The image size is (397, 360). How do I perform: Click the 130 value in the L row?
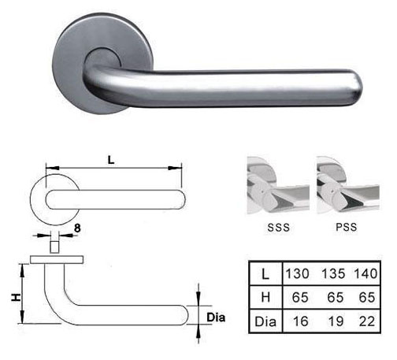click(x=297, y=273)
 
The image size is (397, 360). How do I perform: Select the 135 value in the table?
click(x=333, y=273)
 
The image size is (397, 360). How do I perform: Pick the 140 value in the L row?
click(x=365, y=273)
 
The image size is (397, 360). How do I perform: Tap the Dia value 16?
click(x=301, y=321)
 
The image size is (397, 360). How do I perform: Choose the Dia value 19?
click(x=336, y=321)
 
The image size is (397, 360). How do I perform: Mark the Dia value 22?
click(x=367, y=321)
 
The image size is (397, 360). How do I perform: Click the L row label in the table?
click(x=265, y=274)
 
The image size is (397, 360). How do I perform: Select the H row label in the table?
click(x=265, y=297)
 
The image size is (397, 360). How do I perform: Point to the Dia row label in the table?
click(x=265, y=321)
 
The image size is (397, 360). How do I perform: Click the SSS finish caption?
click(x=278, y=228)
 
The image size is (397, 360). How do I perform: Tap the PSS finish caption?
click(x=347, y=227)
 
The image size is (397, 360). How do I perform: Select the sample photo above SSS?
click(x=278, y=185)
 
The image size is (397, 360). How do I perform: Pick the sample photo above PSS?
click(x=348, y=184)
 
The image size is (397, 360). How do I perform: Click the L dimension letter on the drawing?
click(x=111, y=160)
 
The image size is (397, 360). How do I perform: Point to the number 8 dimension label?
click(x=77, y=228)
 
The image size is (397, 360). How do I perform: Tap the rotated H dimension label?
click(x=16, y=297)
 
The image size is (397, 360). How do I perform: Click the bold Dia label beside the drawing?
click(x=216, y=317)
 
